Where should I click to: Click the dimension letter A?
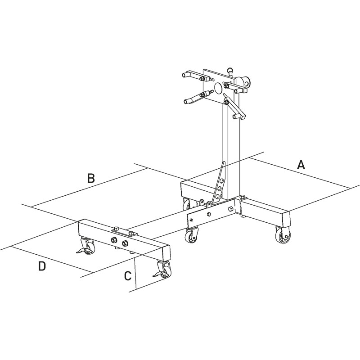pyautogui.click(x=301, y=165)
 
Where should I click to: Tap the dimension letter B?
pyautogui.click(x=90, y=178)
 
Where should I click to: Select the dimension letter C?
pyautogui.click(x=128, y=275)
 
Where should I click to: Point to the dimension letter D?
pyautogui.click(x=41, y=266)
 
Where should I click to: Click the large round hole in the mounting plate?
pyautogui.click(x=218, y=88)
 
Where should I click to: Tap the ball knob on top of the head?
pyautogui.click(x=230, y=70)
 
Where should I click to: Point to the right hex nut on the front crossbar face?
pyautogui.click(x=124, y=243)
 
